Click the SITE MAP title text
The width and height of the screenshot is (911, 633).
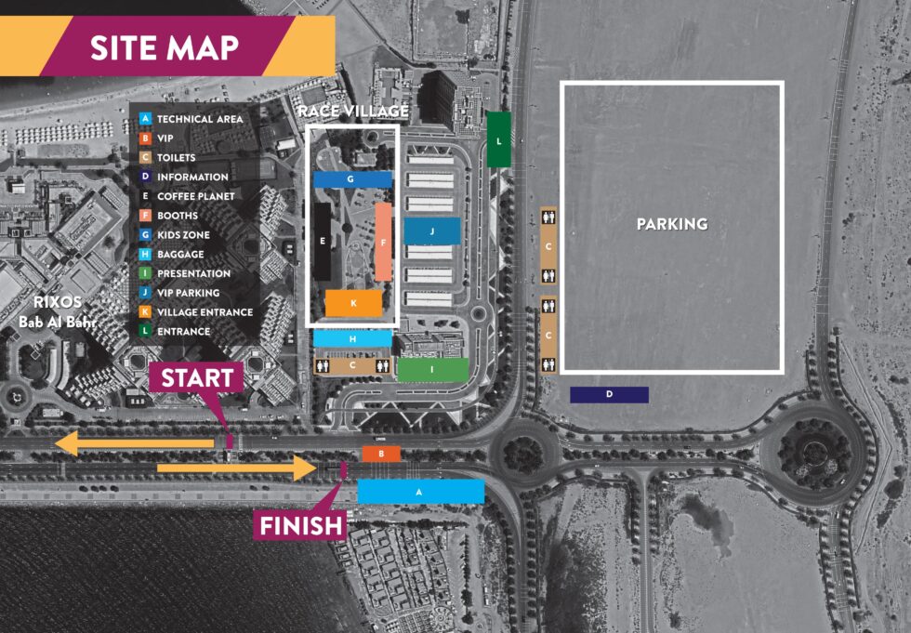tap(164, 47)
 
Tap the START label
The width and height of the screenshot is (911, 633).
tap(197, 378)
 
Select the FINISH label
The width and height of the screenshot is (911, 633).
tap(300, 526)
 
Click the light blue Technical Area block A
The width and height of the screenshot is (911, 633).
tap(420, 492)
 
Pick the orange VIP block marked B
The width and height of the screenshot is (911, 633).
tap(381, 454)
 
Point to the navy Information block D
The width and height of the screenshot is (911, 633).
tap(609, 395)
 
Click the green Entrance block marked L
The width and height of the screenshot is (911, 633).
tap(499, 140)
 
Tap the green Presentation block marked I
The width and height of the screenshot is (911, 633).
tap(432, 370)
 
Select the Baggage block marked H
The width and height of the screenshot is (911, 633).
tap(352, 339)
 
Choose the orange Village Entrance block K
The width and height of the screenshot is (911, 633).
tap(353, 304)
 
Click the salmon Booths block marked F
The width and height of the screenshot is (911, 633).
tap(383, 242)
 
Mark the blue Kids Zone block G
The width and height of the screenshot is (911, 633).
tap(351, 178)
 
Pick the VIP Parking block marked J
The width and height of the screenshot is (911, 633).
tap(432, 231)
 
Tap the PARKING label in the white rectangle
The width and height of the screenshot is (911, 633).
tap(671, 224)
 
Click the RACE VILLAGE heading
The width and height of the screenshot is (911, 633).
tap(352, 112)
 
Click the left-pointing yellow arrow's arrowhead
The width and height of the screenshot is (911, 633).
tap(67, 444)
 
